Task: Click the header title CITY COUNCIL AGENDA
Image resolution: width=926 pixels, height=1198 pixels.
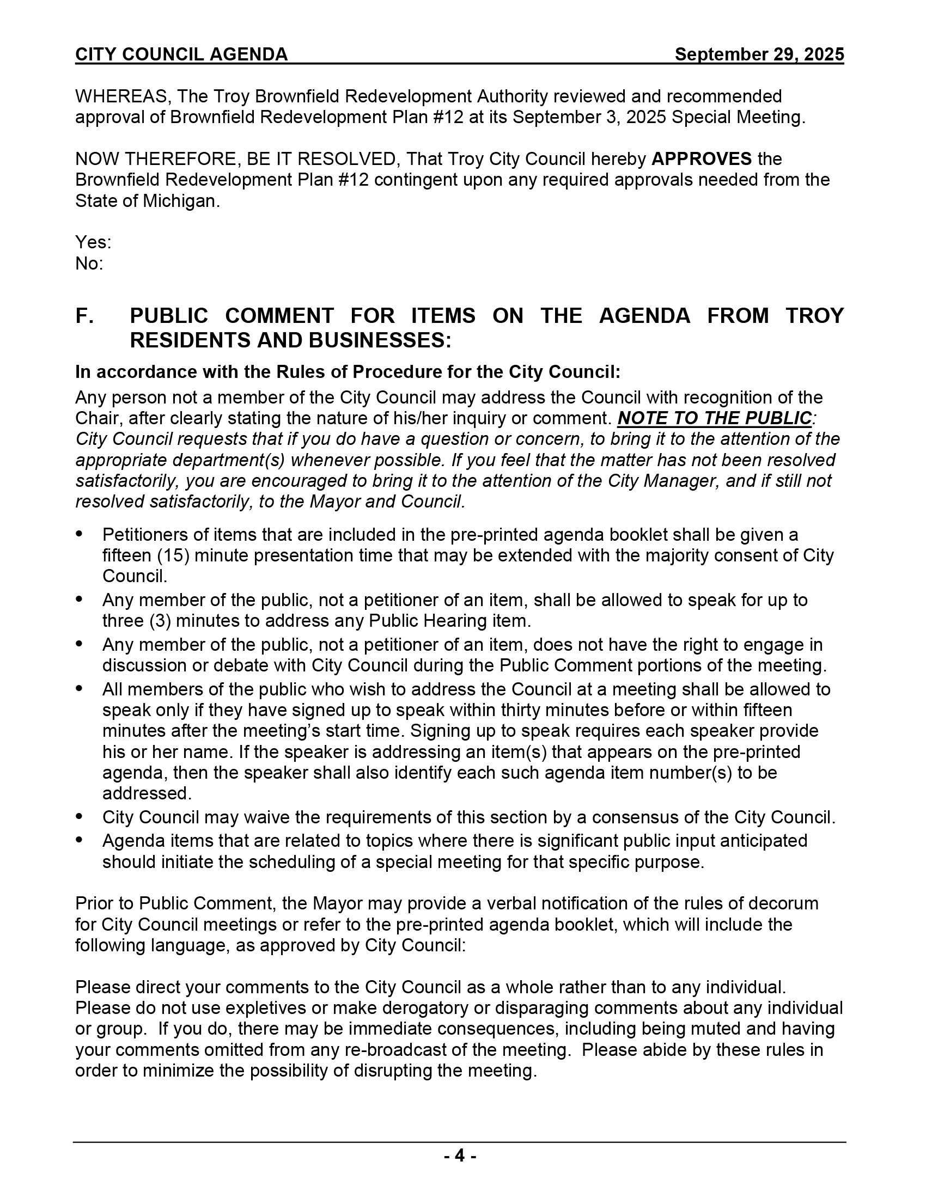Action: point(181,54)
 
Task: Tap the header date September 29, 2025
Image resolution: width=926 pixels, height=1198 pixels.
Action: point(759,54)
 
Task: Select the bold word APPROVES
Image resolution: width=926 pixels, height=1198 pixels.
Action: point(701,159)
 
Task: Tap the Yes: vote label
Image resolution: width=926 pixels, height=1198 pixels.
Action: point(93,242)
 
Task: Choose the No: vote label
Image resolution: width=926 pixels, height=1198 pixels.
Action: point(89,264)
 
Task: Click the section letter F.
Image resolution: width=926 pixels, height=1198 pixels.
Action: point(84,316)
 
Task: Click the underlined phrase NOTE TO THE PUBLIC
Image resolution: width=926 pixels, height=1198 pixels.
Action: point(714,419)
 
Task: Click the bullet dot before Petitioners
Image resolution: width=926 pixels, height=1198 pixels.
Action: point(80,534)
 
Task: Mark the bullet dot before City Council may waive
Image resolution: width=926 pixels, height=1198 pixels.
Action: point(80,817)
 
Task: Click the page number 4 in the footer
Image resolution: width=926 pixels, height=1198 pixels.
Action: point(460,1156)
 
